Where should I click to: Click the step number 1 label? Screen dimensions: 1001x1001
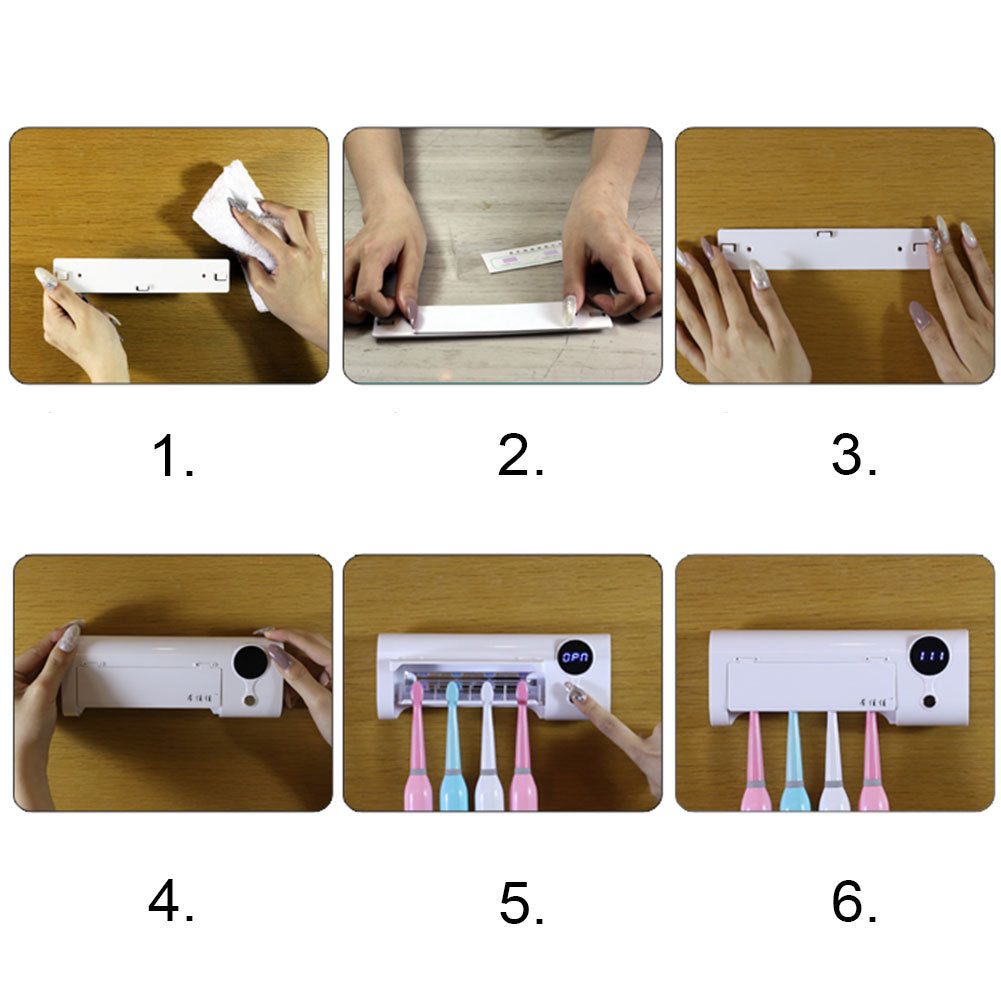172,458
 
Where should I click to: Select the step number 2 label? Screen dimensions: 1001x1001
520,458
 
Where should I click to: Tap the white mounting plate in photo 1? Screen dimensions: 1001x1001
140,276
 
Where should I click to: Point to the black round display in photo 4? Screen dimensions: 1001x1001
248,662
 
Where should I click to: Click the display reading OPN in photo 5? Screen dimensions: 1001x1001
575,658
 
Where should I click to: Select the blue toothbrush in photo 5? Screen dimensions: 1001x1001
453,750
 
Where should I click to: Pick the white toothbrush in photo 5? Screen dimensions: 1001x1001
487,750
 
